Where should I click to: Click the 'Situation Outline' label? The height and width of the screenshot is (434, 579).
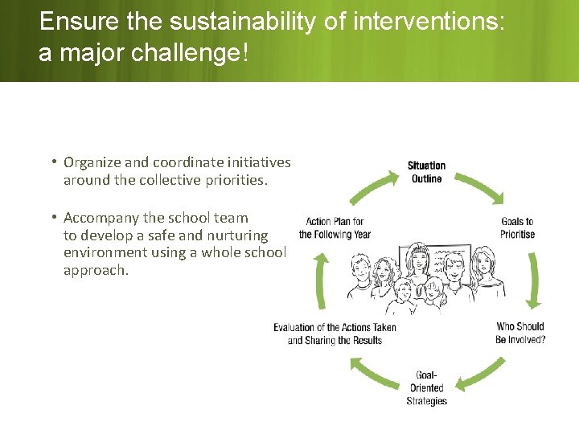(426, 172)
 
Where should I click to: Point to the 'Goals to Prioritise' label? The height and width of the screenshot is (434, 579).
(517, 227)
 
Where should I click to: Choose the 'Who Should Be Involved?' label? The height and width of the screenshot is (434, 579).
(520, 333)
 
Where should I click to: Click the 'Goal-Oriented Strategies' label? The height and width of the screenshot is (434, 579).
(426, 387)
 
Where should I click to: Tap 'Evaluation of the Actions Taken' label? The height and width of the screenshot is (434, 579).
(335, 334)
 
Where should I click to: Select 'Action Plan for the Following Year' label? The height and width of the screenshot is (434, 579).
(335, 227)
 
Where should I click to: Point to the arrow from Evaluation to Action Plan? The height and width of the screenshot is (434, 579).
(322, 281)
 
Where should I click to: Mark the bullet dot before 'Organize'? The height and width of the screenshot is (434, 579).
(52, 162)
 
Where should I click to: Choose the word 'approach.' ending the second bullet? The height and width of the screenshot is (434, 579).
(96, 270)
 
